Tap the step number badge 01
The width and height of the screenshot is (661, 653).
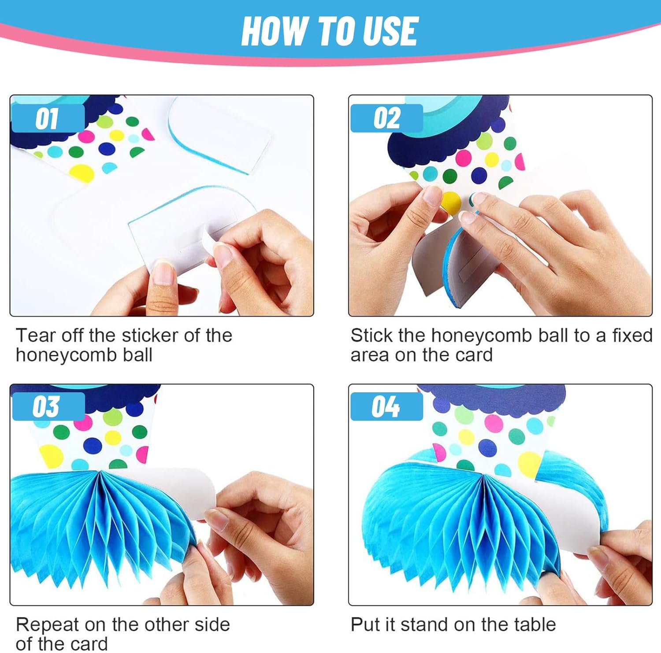pyautogui.click(x=48, y=118)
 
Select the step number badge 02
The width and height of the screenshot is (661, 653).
pyautogui.click(x=386, y=118)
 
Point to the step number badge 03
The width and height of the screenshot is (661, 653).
pyautogui.click(x=48, y=406)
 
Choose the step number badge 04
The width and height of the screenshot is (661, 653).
pyautogui.click(x=386, y=406)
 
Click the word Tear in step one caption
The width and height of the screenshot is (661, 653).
pyautogui.click(x=37, y=336)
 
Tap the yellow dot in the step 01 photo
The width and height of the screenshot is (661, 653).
pyautogui.click(x=82, y=173)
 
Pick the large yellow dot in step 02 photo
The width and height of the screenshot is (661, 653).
pyautogui.click(x=451, y=202)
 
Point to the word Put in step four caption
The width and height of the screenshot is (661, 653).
pyautogui.click(x=365, y=625)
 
